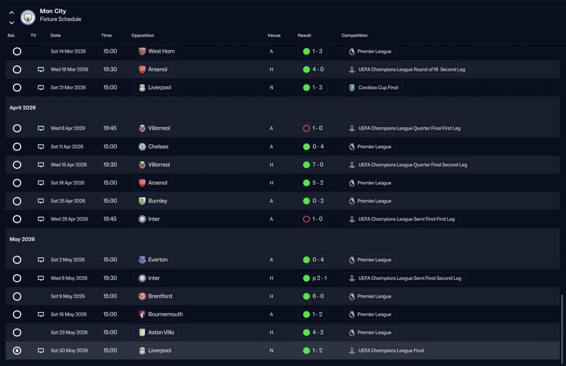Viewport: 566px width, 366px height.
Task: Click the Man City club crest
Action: pos(28,17)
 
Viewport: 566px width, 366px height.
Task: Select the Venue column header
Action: pos(274,35)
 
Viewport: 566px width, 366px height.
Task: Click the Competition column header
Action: pos(355,35)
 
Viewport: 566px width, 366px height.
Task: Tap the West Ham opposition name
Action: pos(161,51)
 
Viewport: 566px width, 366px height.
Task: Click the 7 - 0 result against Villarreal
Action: pos(317,165)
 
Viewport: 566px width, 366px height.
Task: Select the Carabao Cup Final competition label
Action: pos(378,88)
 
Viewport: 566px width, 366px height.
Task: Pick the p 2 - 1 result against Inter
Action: pos(319,278)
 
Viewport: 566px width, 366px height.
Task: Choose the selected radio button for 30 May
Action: pos(17,351)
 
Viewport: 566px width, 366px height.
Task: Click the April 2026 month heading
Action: pos(23,107)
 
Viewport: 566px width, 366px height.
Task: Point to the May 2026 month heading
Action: pos(22,239)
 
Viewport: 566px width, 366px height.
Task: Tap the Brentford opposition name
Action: pos(160,296)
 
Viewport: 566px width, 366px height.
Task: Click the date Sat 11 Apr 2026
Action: pos(67,147)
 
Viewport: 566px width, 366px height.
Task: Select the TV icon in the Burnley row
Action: pos(41,201)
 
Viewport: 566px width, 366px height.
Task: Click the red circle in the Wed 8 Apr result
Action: pos(306,128)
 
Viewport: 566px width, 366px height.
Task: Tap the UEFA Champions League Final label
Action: pos(391,351)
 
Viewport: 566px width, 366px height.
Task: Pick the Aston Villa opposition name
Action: pos(161,332)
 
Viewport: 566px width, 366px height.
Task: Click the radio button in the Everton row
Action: pos(17,259)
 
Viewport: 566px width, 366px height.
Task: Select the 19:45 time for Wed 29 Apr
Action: pos(110,219)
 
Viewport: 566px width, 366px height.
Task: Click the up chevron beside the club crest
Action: pos(11,13)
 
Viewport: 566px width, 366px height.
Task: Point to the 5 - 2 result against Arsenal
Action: pos(317,183)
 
